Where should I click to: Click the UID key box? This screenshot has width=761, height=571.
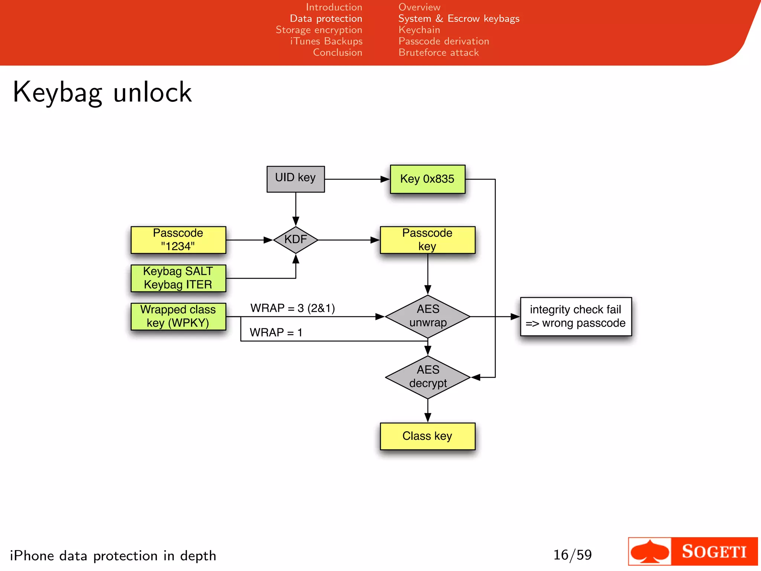coord(295,179)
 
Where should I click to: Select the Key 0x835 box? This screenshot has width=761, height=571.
coord(427,179)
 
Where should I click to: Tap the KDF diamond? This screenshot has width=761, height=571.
coord(295,240)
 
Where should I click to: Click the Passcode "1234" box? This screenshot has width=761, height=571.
coord(178,240)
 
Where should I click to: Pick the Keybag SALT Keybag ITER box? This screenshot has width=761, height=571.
coord(178,278)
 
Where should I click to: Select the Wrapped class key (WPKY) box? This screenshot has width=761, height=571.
coord(178,316)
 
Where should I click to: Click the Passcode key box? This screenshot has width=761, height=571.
coord(427,240)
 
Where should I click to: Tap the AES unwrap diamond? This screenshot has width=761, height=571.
coord(428,316)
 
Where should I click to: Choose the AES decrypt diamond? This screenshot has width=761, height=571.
coord(428,377)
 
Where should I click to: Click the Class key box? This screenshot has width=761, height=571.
coord(427,436)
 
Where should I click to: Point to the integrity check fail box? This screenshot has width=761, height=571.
coord(576,316)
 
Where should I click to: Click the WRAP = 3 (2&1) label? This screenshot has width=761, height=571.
coord(292,308)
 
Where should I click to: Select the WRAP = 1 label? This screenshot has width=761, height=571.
coord(276,332)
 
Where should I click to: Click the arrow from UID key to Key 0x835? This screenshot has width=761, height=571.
coord(357,179)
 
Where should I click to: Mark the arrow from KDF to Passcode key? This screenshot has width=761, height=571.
coord(349,240)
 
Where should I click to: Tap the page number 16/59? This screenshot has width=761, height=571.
coord(572,555)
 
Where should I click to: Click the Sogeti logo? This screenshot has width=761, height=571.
coord(693,551)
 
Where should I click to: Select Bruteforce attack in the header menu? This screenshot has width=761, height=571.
coord(438,52)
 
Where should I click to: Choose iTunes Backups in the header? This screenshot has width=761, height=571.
coord(326,41)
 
